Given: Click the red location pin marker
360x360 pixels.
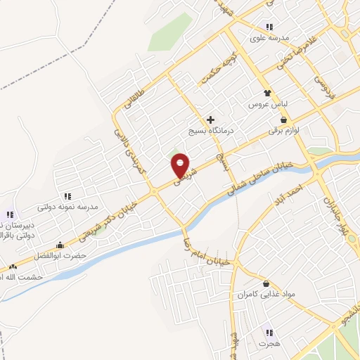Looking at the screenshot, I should pyautogui.click(x=181, y=165).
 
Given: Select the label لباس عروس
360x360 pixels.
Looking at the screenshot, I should pyautogui.click(x=266, y=103).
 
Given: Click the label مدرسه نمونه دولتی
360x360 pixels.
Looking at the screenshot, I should pyautogui.click(x=67, y=207).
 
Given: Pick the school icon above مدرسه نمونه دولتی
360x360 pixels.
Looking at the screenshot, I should pyautogui.click(x=67, y=197).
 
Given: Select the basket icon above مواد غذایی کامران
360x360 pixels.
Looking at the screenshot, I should pyautogui.click(x=266, y=283).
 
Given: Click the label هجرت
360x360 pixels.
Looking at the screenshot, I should pyautogui.click(x=268, y=344).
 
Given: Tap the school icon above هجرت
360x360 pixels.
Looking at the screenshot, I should pyautogui.click(x=268, y=333).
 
